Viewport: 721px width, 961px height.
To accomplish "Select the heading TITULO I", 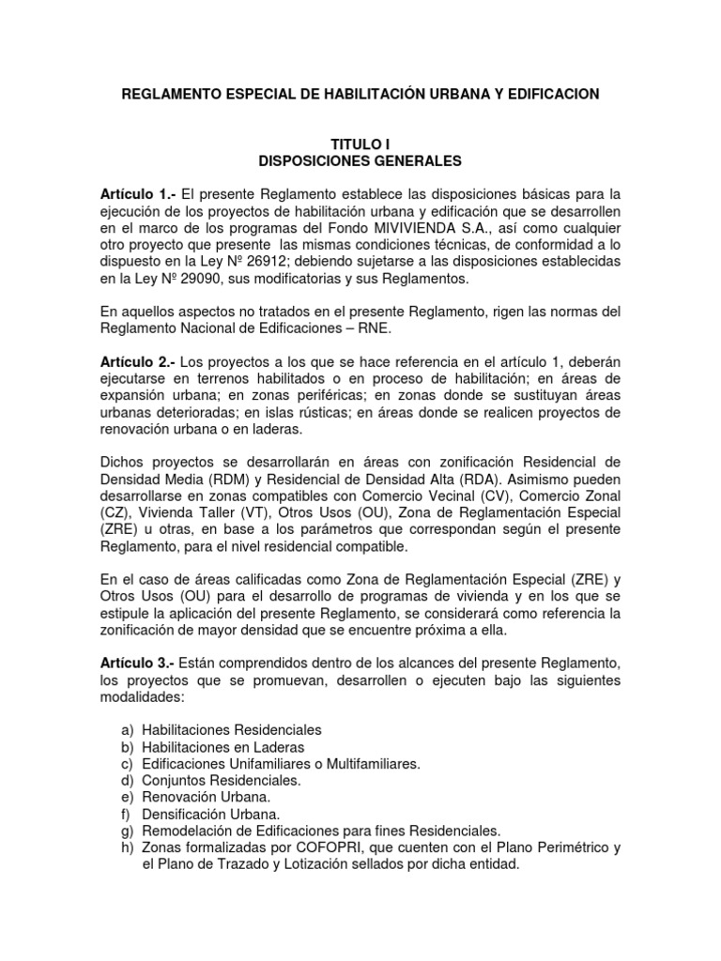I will click(x=360, y=145).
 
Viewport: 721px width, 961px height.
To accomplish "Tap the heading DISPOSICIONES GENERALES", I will click(x=360, y=161).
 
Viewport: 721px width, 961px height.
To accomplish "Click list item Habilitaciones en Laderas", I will click(x=223, y=747).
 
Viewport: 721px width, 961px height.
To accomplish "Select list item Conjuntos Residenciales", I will click(x=208, y=781).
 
